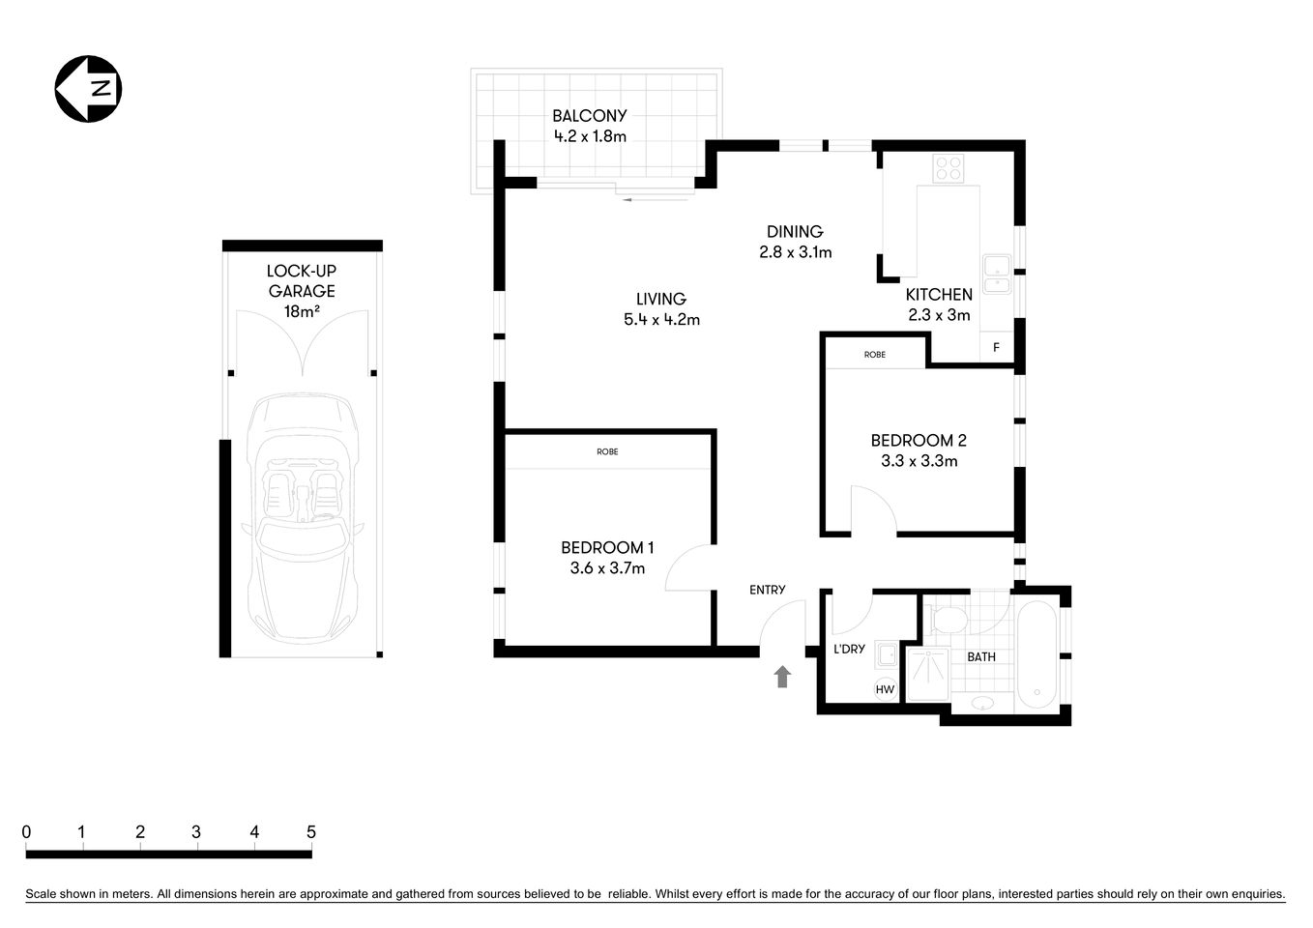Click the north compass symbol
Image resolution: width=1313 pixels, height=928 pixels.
pyautogui.click(x=88, y=89)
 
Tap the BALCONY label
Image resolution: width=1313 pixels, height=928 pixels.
pyautogui.click(x=590, y=115)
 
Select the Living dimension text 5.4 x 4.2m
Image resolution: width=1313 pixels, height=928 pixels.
pyautogui.click(x=661, y=320)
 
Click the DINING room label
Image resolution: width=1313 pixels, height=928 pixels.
pyautogui.click(x=795, y=232)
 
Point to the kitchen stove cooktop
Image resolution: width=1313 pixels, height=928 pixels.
pyautogui.click(x=948, y=169)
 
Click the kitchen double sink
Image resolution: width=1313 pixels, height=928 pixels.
pyautogui.click(x=996, y=274)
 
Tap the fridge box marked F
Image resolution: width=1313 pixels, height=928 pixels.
pyautogui.click(x=996, y=347)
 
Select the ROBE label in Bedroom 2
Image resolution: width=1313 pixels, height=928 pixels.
pyautogui.click(x=875, y=355)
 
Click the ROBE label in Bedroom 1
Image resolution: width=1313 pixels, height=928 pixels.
pyautogui.click(x=607, y=451)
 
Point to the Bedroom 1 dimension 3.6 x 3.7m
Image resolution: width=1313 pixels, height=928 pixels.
pyautogui.click(x=607, y=568)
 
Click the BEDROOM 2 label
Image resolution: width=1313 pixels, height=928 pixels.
pyautogui.click(x=919, y=441)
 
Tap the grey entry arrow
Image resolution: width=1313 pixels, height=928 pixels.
pyautogui.click(x=782, y=677)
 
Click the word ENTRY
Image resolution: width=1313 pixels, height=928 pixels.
pyautogui.click(x=768, y=590)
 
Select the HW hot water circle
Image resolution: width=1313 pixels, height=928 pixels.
pyautogui.click(x=885, y=689)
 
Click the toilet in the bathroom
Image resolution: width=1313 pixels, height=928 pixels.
pyautogui.click(x=943, y=618)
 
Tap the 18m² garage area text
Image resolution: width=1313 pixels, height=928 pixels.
pyautogui.click(x=302, y=311)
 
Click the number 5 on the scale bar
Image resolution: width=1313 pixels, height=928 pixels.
pyautogui.click(x=311, y=832)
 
